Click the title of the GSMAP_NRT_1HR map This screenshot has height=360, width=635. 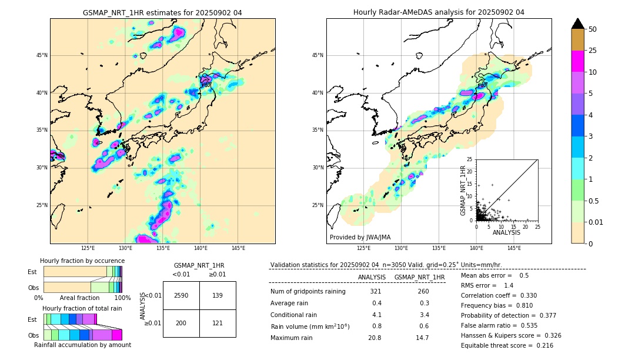[162, 12]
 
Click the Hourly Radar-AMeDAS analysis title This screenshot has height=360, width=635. [439, 12]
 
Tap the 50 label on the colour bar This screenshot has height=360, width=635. [593, 29]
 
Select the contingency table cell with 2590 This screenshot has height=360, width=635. [181, 295]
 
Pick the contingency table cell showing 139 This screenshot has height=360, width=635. [218, 295]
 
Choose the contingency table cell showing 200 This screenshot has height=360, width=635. [181, 324]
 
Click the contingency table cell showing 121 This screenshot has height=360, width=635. [218, 324]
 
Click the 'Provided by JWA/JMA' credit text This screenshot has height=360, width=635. [360, 238]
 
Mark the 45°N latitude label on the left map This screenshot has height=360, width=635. [42, 55]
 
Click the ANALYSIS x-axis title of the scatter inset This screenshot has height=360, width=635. [507, 233]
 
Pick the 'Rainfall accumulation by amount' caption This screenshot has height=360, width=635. [82, 345]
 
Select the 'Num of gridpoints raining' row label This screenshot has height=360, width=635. [308, 292]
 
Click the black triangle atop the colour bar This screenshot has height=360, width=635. [578, 24]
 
